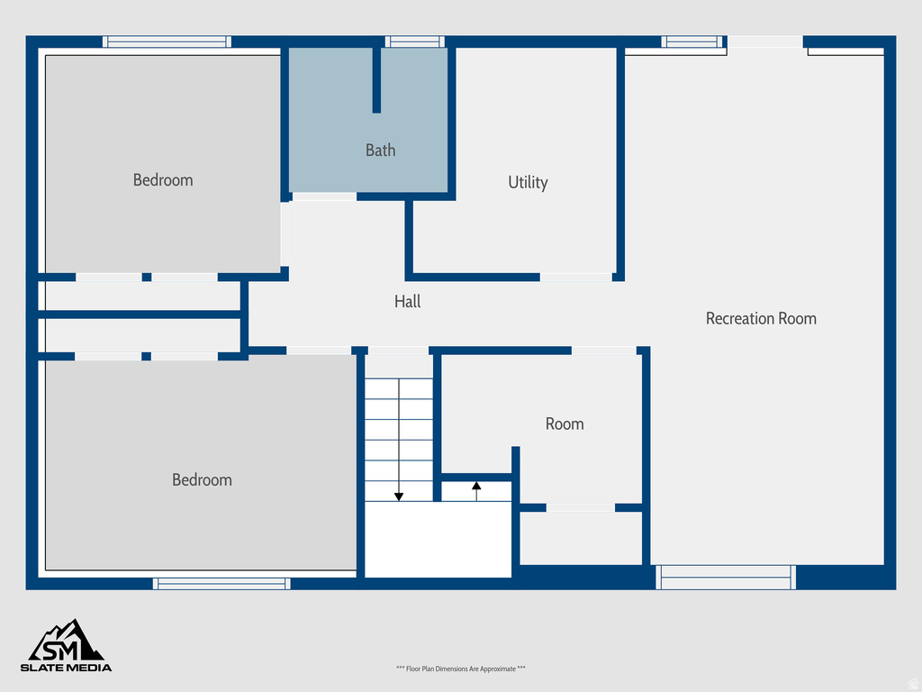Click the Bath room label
click(380, 150)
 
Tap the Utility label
click(528, 182)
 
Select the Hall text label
click(407, 302)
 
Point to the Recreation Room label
click(761, 318)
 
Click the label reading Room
click(565, 423)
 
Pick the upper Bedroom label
click(163, 180)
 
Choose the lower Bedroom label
click(202, 480)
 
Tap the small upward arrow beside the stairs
click(476, 489)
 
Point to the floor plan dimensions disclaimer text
click(460, 669)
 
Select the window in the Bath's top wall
click(414, 41)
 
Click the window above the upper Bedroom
click(167, 41)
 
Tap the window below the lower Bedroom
click(221, 583)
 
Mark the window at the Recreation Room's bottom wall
click(726, 577)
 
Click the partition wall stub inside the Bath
click(376, 79)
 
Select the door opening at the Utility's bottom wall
click(576, 277)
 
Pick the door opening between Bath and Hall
click(324, 196)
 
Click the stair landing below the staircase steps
click(438, 539)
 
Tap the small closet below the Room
click(581, 538)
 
